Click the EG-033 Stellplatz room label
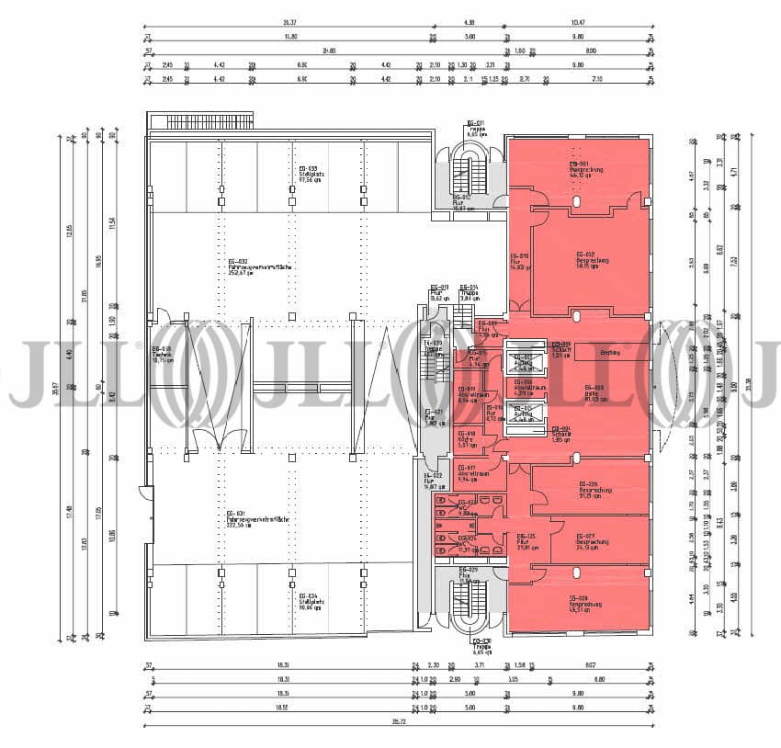(308, 175)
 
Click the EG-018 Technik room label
(162, 355)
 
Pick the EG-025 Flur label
(526, 541)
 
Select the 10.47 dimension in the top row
(578, 22)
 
